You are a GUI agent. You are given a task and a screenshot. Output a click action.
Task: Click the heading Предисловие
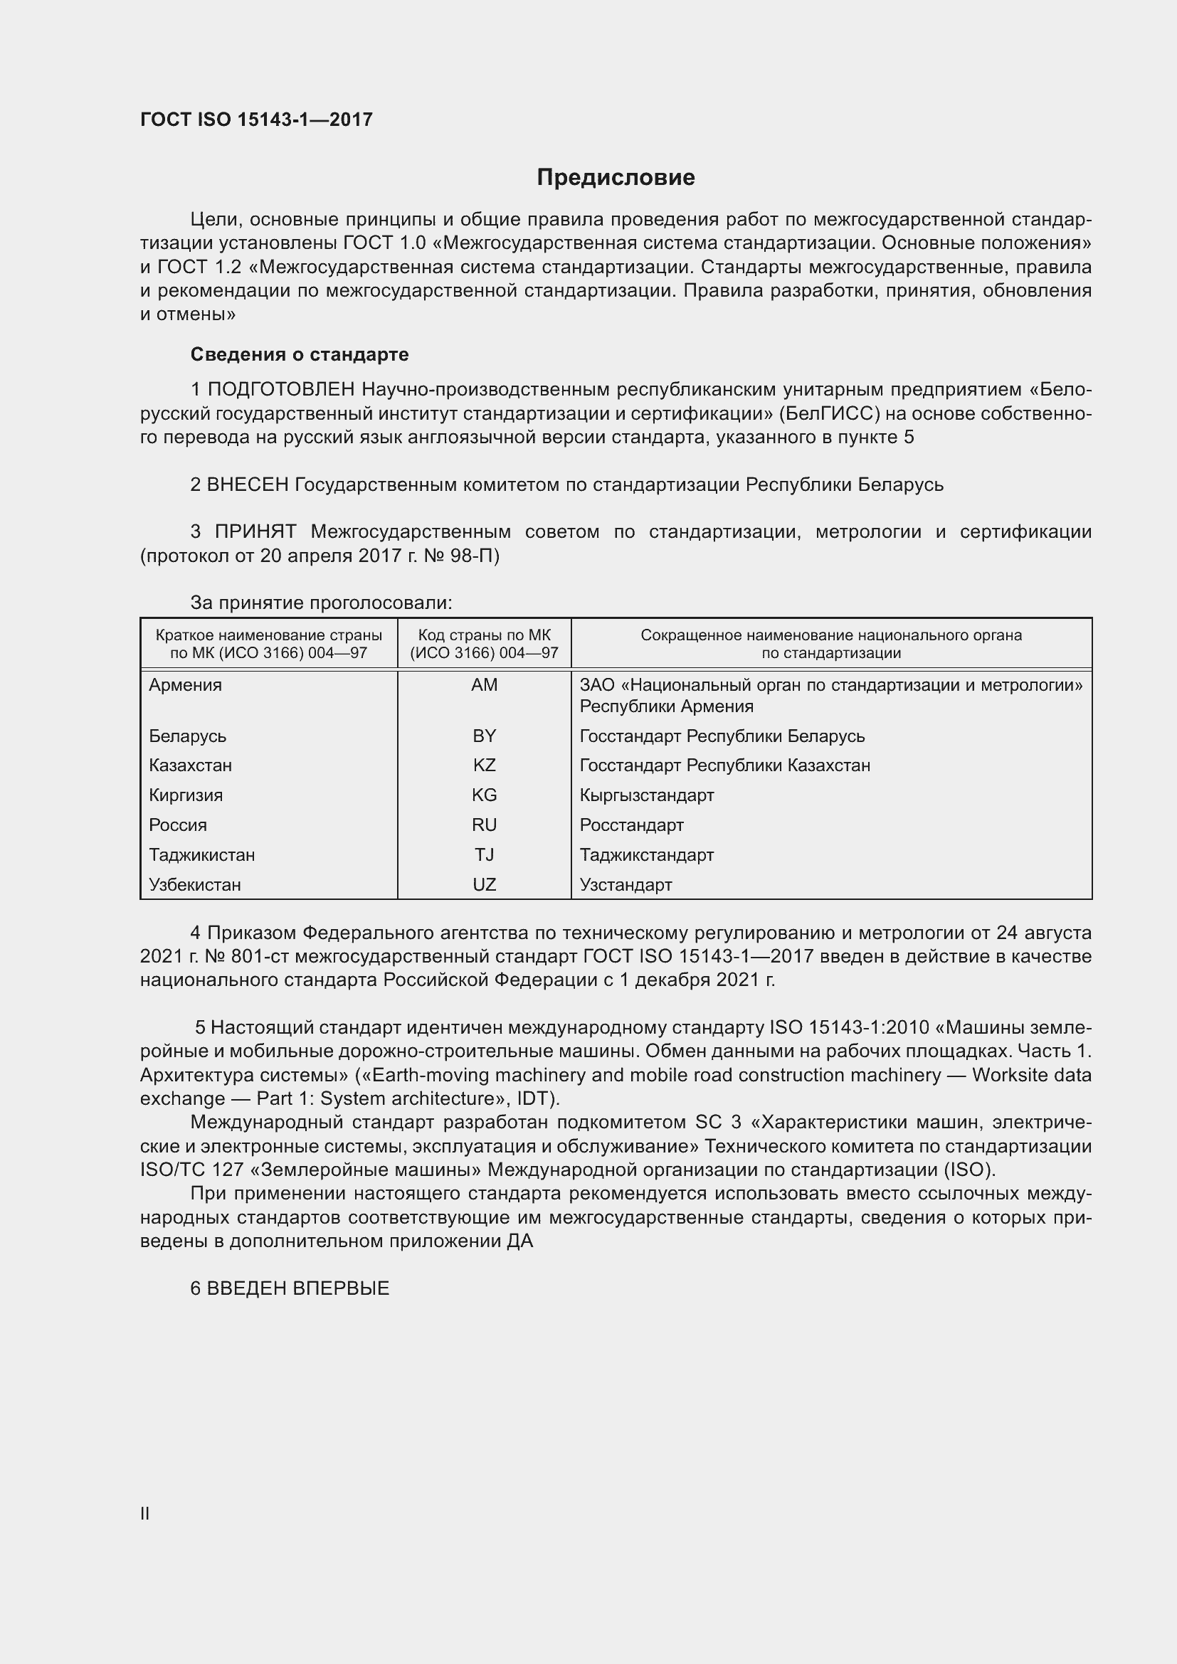point(616,178)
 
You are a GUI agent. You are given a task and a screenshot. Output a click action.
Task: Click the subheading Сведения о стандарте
point(300,354)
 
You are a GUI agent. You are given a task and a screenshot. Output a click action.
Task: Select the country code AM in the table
point(484,685)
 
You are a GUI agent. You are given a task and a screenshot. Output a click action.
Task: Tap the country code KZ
point(484,765)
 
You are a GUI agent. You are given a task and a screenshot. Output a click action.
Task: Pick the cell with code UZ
point(484,884)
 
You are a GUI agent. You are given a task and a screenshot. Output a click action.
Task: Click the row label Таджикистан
point(202,854)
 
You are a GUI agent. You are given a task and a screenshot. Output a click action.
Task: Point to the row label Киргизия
point(186,795)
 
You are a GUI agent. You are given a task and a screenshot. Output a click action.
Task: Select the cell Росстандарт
point(631,825)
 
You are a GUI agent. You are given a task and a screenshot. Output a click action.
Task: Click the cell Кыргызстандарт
point(646,795)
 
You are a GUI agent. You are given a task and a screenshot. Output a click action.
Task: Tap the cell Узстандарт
point(626,884)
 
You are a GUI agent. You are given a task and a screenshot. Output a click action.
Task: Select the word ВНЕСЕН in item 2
point(248,484)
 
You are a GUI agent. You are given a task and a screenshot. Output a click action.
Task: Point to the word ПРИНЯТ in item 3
point(255,532)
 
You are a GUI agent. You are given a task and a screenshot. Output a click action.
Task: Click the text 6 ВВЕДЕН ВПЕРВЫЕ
point(290,1288)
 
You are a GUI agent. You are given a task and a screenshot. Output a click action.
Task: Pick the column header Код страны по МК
point(484,635)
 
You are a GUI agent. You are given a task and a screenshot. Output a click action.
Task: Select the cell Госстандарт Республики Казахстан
point(724,765)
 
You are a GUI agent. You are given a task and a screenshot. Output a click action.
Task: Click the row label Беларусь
point(188,736)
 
